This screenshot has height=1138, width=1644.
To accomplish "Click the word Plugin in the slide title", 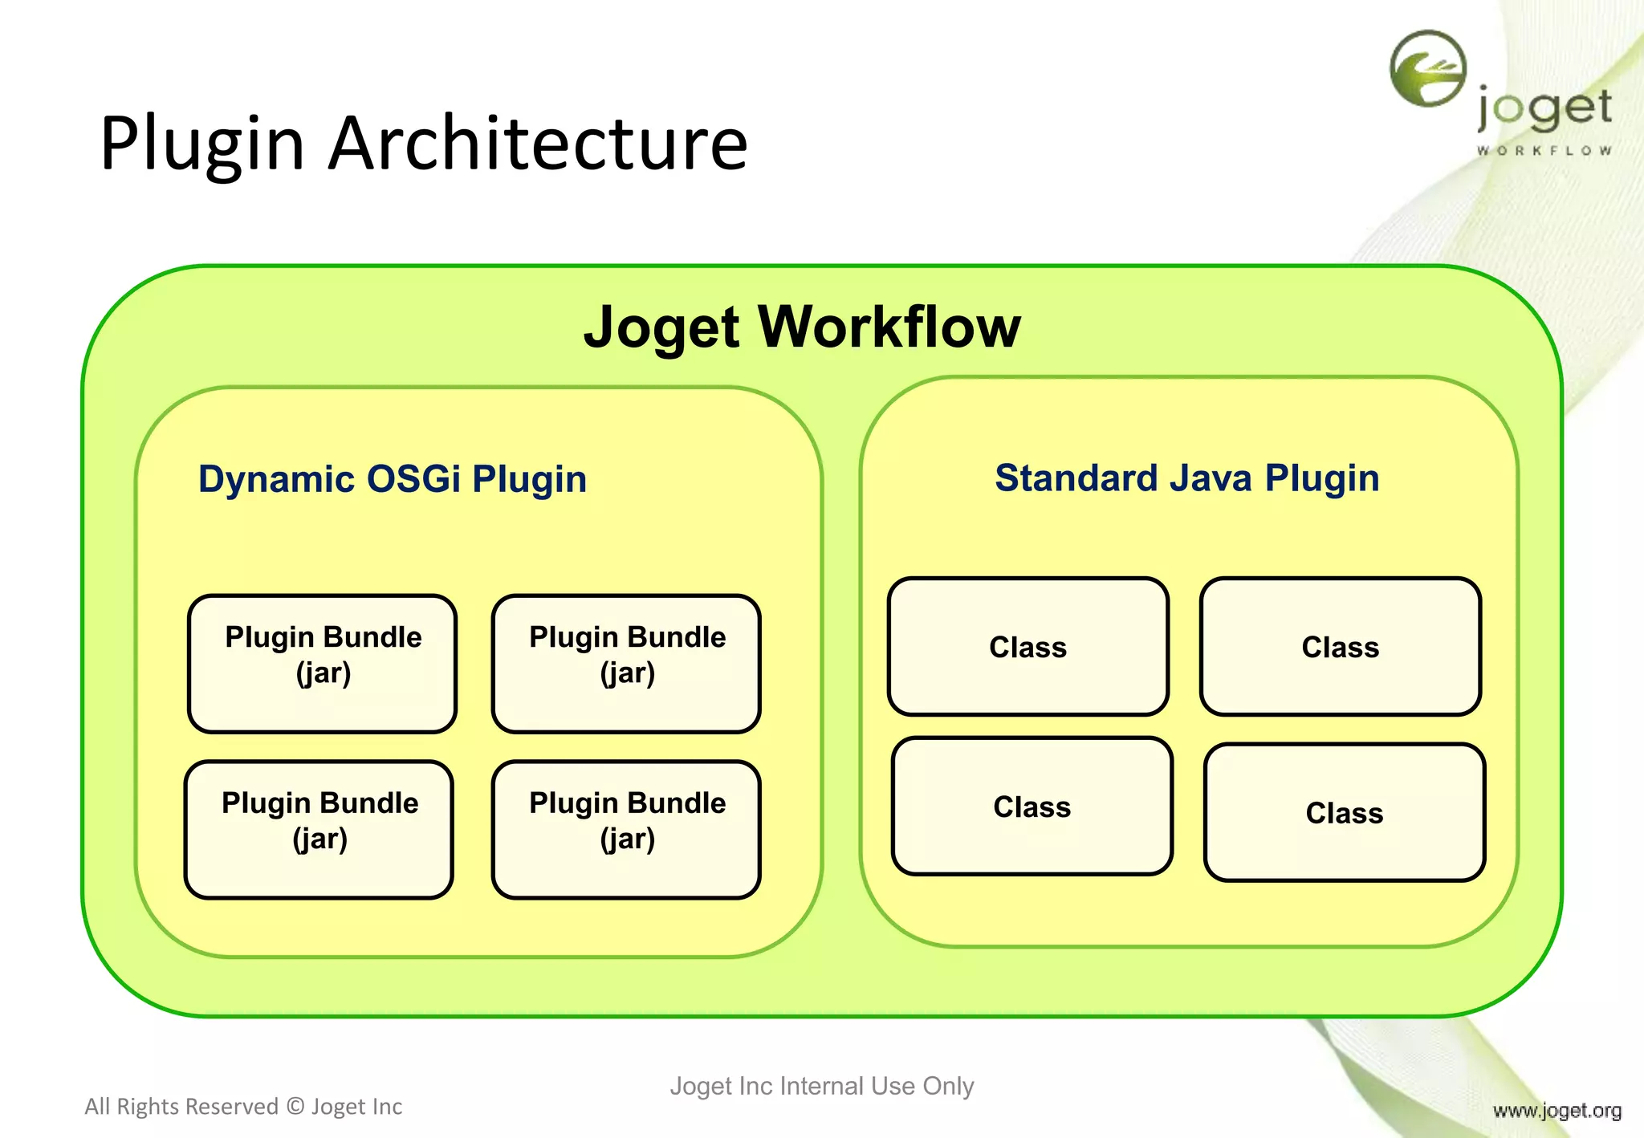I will (202, 144).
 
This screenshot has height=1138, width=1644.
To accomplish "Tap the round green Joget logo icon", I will (1428, 69).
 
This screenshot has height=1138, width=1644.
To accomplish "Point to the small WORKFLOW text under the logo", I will (1544, 151).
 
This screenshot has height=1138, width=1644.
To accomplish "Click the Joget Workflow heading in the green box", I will (802, 327).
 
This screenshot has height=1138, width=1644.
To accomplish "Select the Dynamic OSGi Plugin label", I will (393, 479).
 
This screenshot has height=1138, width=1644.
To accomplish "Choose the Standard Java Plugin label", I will (1186, 478).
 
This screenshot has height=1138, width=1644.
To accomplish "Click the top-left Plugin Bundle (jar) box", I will (323, 663).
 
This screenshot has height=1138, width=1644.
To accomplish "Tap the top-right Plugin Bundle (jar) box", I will (626, 663).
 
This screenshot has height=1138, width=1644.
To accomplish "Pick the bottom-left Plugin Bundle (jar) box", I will (319, 829).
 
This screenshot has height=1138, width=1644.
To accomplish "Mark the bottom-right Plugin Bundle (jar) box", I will (626, 829).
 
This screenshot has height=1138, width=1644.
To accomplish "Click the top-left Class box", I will (1027, 646).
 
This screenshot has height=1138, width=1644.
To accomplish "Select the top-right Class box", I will (1340, 646).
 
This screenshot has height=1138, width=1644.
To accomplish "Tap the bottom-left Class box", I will (1032, 806).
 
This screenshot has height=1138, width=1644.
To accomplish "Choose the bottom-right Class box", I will (1344, 812).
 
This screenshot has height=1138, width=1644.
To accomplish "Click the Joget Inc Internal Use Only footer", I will (821, 1086).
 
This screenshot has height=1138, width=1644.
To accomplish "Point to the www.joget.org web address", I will (1557, 1111).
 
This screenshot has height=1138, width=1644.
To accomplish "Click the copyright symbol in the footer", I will (295, 1107).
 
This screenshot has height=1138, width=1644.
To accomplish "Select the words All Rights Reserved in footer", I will (181, 1107).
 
